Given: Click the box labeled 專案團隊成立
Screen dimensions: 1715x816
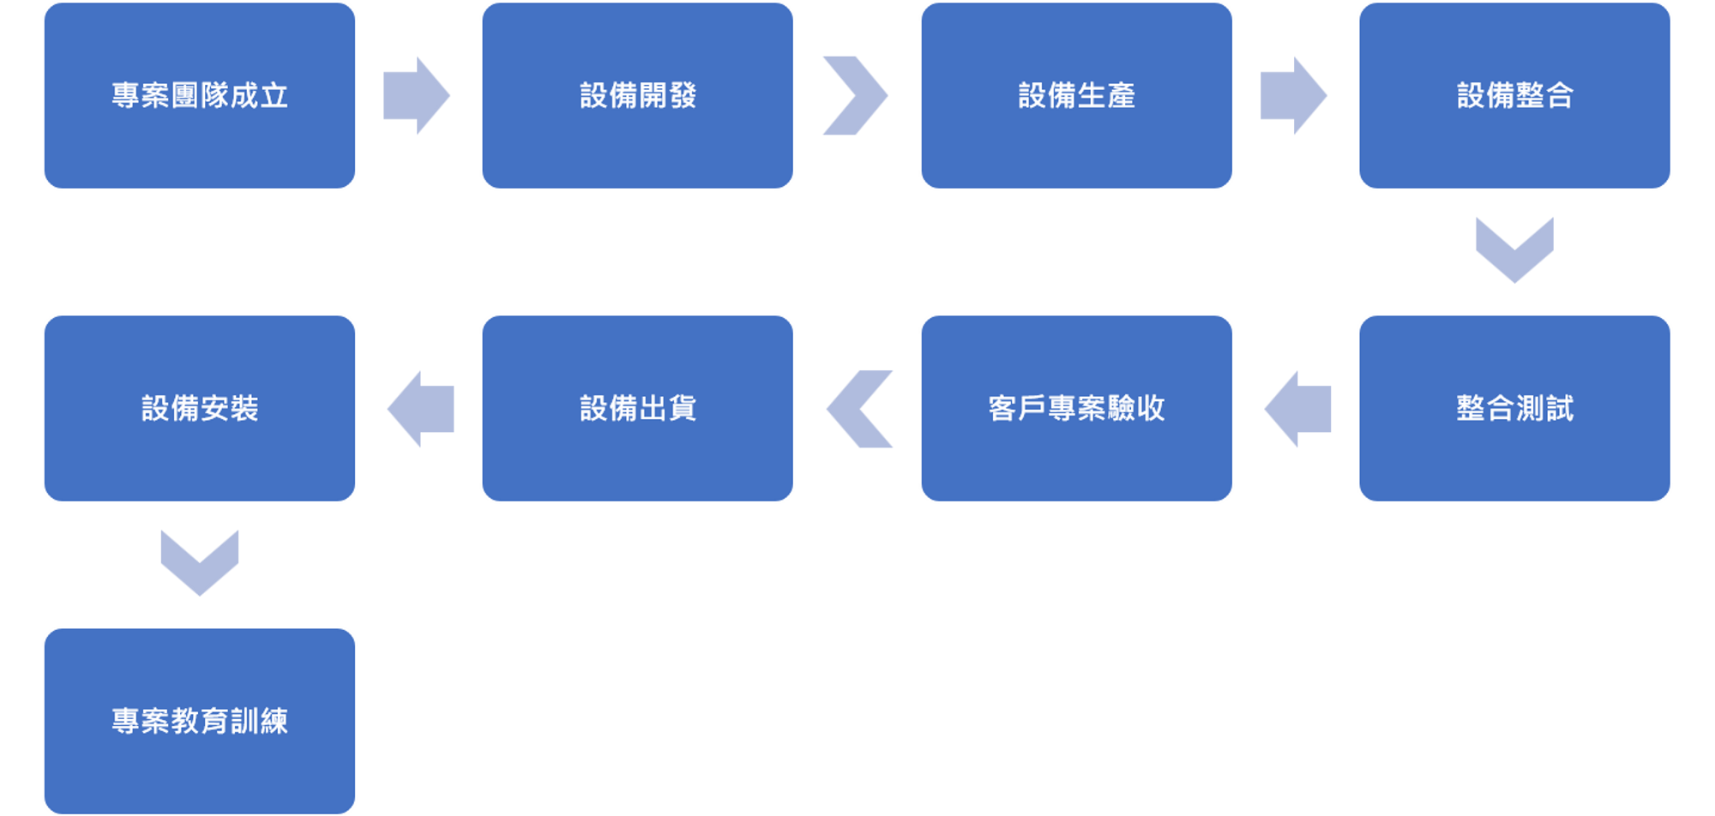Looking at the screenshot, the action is click(x=200, y=95).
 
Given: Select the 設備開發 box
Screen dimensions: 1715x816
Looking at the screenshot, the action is click(x=637, y=95).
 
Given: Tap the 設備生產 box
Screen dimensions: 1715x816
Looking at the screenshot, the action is click(x=1076, y=95).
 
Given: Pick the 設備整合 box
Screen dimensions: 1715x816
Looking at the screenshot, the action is click(x=1514, y=95).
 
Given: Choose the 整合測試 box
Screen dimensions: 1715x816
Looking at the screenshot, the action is click(x=1514, y=408).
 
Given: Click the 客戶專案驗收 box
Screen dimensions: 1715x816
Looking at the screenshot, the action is click(x=1076, y=408).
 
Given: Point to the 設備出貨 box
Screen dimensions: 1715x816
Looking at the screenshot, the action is click(x=637, y=408).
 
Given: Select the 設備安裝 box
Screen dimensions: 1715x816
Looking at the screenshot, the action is click(x=200, y=408).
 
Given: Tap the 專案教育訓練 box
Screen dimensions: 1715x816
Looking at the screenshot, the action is click(x=200, y=721).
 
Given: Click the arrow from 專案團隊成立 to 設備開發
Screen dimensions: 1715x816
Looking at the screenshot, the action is click(x=416, y=95).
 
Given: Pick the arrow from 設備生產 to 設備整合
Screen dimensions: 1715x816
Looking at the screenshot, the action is click(x=1293, y=95).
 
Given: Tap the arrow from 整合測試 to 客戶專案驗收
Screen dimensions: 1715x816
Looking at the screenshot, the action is click(x=1298, y=409).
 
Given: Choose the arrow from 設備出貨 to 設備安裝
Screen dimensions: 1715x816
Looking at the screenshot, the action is click(x=421, y=409).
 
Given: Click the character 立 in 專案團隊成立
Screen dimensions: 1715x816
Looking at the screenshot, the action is click(x=274, y=95).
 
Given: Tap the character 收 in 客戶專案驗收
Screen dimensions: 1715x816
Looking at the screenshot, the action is click(x=1151, y=408).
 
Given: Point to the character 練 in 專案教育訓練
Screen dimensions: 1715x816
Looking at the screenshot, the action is click(x=274, y=721).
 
